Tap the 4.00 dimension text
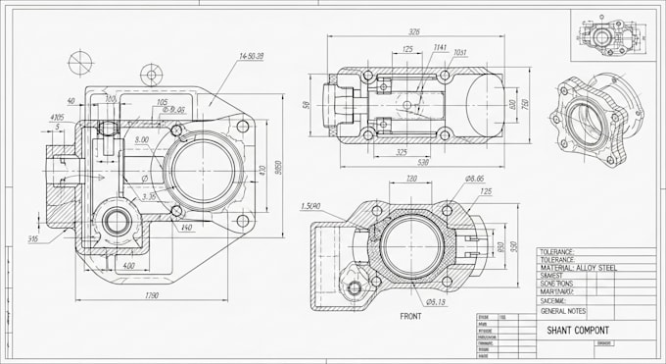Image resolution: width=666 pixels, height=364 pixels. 126,266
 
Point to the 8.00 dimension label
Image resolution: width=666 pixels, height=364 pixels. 142,140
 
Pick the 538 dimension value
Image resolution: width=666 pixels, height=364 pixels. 423,162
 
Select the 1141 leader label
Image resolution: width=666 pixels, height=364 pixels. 440,47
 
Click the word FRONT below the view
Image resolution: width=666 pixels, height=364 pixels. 411,317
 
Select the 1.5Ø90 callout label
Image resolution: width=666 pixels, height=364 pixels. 311,206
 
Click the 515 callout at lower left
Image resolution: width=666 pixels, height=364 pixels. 33,238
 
